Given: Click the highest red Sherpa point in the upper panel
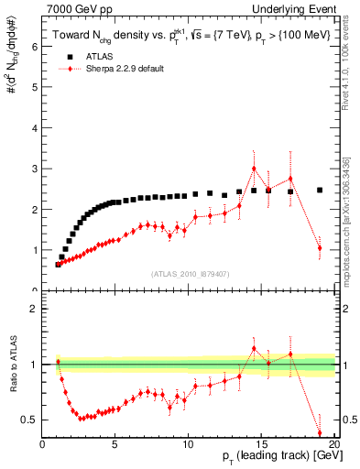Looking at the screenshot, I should pos(254,169).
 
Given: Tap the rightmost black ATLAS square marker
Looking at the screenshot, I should pos(320,191).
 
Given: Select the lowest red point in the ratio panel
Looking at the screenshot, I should pos(320,432).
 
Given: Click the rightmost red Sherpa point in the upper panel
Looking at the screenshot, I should pos(320,248).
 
